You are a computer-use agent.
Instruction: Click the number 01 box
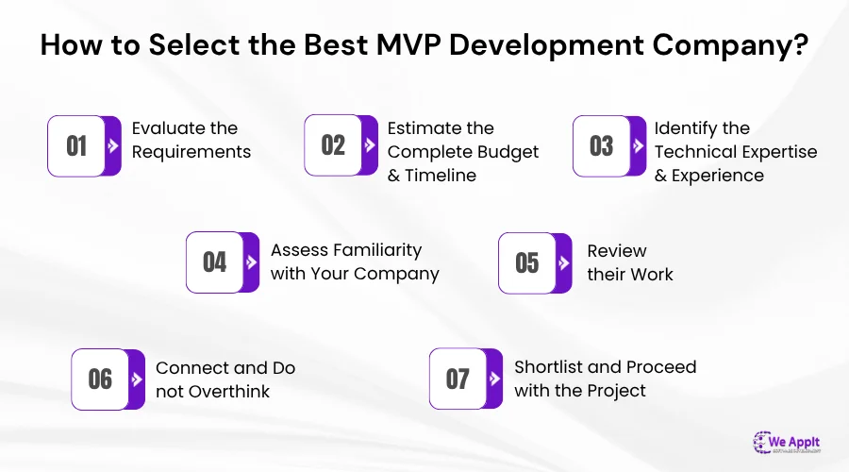pyautogui.click(x=76, y=145)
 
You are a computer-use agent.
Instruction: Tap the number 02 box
pyautogui.click(x=333, y=145)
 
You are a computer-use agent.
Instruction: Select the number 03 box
pyautogui.click(x=601, y=145)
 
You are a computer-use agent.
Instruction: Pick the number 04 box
pyautogui.click(x=215, y=261)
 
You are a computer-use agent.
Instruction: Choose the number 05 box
pyautogui.click(x=526, y=261)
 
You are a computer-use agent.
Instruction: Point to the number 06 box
pyautogui.click(x=100, y=379)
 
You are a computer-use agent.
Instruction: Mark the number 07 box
pyautogui.click(x=458, y=379)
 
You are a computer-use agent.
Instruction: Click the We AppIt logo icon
pyautogui.click(x=764, y=442)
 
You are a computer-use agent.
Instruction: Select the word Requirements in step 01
pyautogui.click(x=191, y=151)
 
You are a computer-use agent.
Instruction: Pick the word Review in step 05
pyautogui.click(x=617, y=250)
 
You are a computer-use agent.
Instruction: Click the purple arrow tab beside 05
pyautogui.click(x=563, y=262)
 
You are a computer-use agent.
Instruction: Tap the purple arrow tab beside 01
pyautogui.click(x=113, y=146)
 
